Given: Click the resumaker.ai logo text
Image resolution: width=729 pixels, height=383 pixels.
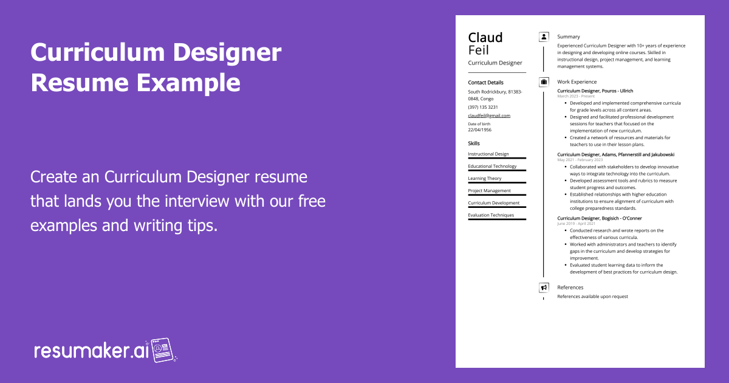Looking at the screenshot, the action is (x=91, y=351).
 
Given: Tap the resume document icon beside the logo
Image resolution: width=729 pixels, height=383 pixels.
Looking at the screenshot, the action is (x=162, y=350).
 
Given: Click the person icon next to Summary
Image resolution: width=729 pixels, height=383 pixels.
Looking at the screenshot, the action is (x=544, y=37).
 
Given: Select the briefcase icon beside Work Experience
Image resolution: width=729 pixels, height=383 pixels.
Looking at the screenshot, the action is (x=544, y=81).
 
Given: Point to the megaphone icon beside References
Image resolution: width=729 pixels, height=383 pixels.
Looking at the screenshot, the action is (x=544, y=288).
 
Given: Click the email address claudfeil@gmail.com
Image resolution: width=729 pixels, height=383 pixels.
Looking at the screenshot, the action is (x=489, y=116).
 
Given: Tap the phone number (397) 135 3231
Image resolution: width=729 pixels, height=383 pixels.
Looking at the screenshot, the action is (x=483, y=107).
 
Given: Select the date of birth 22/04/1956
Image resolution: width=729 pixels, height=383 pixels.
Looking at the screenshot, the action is (x=480, y=129).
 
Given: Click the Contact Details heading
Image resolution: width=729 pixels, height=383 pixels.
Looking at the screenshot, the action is (x=485, y=83).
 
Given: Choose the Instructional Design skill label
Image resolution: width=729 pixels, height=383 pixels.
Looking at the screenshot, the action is (x=488, y=154).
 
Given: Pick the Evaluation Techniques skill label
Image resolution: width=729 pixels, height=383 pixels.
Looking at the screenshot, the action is (x=491, y=215).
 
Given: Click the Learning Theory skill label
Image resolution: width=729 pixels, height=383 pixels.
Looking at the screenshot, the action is (x=485, y=179).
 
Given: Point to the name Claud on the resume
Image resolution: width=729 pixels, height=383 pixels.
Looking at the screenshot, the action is (x=485, y=38).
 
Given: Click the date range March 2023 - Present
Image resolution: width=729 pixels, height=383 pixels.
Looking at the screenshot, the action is (x=576, y=97).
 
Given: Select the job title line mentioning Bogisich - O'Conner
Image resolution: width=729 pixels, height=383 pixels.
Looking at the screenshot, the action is (x=600, y=218).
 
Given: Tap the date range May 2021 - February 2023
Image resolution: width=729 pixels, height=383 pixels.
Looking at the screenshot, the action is (x=580, y=160).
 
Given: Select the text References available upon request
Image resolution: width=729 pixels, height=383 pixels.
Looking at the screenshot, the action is (x=593, y=297).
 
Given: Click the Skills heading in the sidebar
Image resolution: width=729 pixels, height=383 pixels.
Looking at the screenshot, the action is (x=474, y=143).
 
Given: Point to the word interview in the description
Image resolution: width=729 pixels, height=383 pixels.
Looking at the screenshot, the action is (x=197, y=201).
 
